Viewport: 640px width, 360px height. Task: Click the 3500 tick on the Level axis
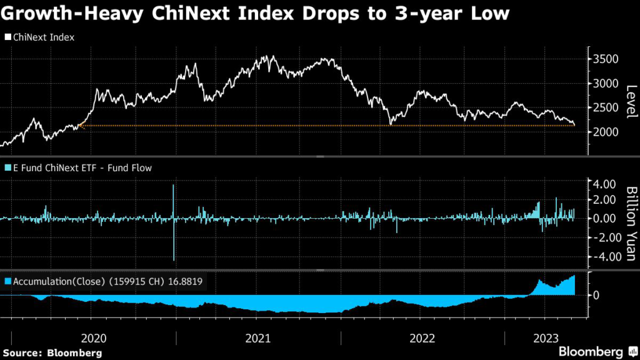click(606, 59)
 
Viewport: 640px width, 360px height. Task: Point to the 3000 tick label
click(606, 84)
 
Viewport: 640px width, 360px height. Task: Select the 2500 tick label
click(606, 107)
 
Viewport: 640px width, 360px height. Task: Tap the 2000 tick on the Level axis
click(606, 132)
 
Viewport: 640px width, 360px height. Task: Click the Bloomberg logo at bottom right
click(596, 351)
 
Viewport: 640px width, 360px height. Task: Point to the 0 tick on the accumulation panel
click(596, 295)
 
